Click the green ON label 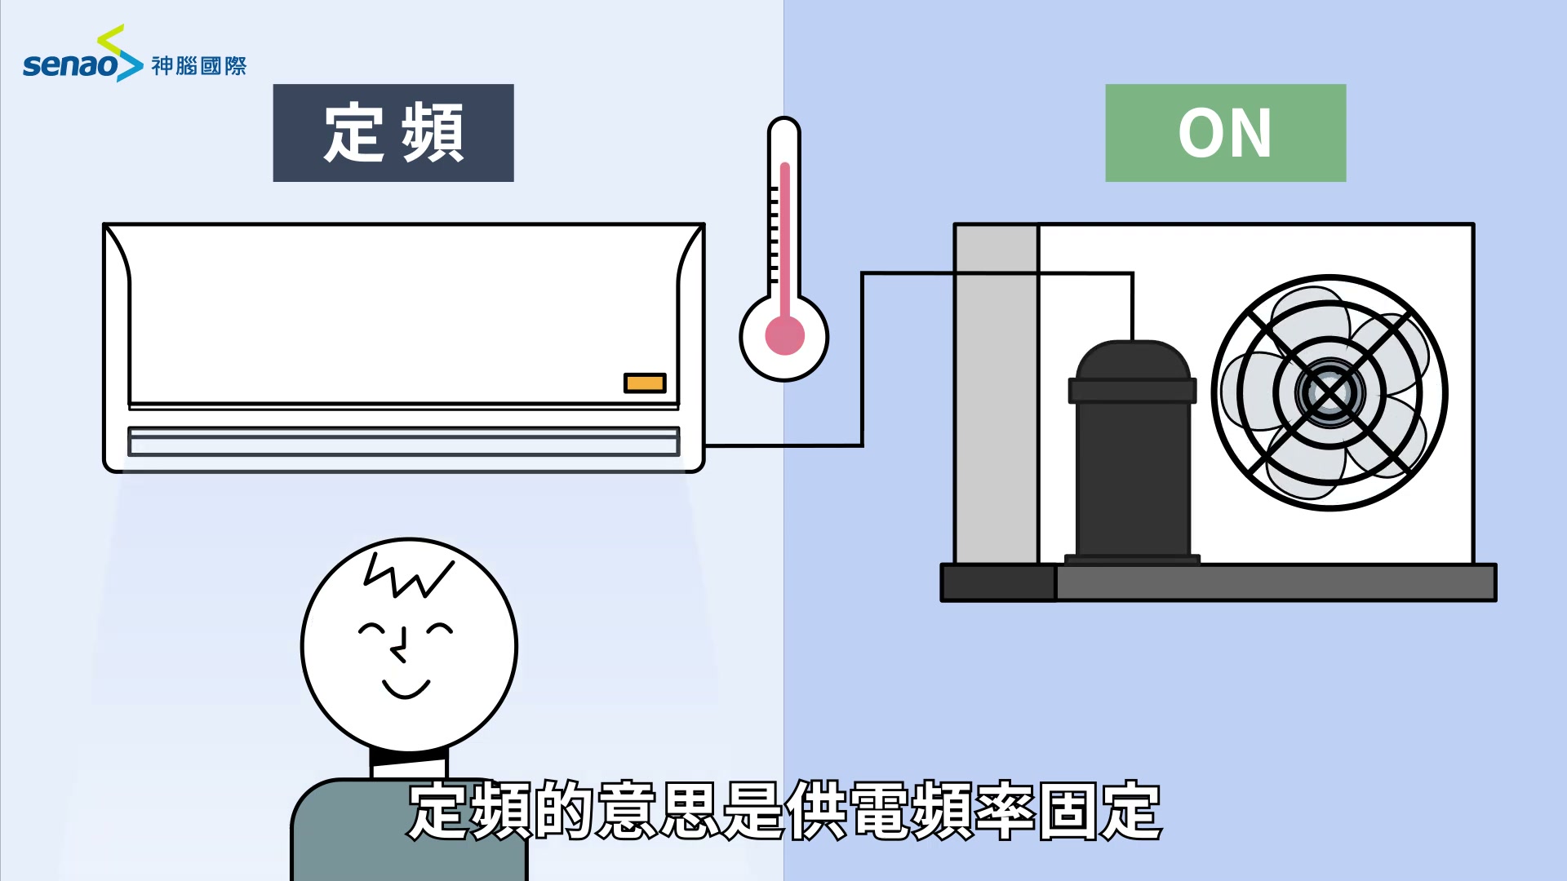coord(1225,133)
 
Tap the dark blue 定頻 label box coord(393,133)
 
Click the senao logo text coord(71,64)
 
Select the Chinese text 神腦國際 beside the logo coord(198,66)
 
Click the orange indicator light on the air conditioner coord(645,383)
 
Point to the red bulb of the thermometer coord(784,335)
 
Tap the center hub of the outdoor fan coord(1329,393)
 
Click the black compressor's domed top coord(1132,360)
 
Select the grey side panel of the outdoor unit coord(997,394)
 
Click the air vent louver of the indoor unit coord(403,441)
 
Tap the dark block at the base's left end coord(998,582)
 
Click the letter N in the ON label coord(1247,134)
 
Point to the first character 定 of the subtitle coord(440,811)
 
